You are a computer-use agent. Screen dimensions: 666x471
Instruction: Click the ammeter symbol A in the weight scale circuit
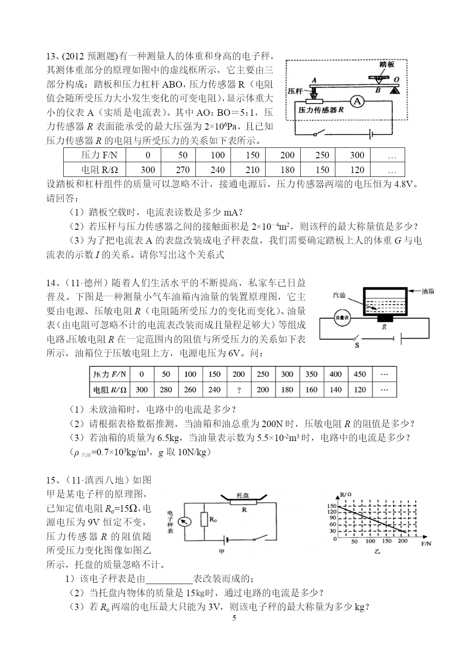point(357,102)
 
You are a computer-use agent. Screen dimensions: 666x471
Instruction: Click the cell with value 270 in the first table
point(183,170)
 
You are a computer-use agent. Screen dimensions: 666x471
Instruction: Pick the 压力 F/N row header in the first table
point(99,155)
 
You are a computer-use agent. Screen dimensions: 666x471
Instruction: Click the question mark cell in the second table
point(239,390)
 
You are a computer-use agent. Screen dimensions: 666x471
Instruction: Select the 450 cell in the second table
point(360,374)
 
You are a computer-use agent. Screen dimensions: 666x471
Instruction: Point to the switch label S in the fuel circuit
point(357,346)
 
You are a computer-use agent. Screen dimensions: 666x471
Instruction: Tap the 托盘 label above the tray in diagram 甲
point(243,495)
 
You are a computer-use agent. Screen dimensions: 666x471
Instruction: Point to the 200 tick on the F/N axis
point(403,541)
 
